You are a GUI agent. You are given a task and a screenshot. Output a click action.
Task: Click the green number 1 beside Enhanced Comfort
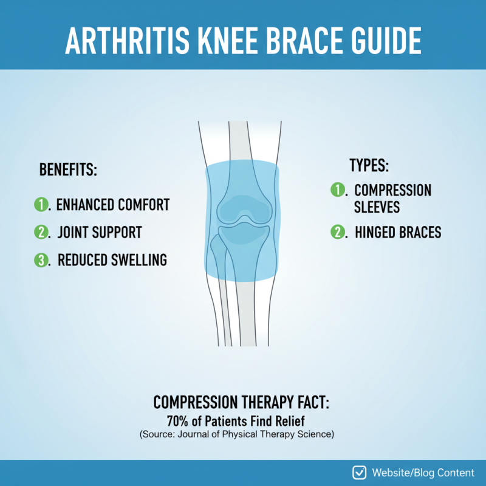41,205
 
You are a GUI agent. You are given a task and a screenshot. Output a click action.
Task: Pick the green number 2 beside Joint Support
41,232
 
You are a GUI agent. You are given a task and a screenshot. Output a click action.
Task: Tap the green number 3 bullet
41,260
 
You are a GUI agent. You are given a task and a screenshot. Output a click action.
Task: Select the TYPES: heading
369,165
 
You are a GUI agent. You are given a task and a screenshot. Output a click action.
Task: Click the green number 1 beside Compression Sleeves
337,190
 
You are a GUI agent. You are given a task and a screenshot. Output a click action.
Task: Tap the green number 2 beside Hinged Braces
337,232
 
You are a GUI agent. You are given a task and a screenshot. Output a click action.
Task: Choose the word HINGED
377,232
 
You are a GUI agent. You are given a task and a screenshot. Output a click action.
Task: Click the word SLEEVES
377,207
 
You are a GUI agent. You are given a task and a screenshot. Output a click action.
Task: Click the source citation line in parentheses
237,435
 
